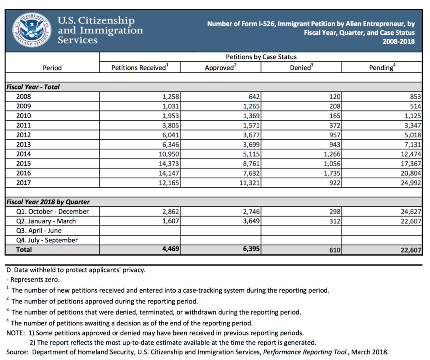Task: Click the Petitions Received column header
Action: (x=138, y=68)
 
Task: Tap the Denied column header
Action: (x=301, y=68)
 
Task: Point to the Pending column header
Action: (x=382, y=68)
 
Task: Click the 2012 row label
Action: (x=23, y=135)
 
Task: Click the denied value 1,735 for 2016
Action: (x=329, y=173)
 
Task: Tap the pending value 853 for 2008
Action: (x=414, y=96)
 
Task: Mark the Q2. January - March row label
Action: (x=46, y=221)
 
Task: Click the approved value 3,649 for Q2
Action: (x=249, y=221)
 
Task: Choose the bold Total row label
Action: (x=24, y=250)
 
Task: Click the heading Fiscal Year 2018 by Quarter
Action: (x=48, y=202)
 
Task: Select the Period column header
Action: (x=52, y=68)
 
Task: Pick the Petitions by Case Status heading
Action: (x=261, y=57)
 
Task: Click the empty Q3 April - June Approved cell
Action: (x=221, y=231)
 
